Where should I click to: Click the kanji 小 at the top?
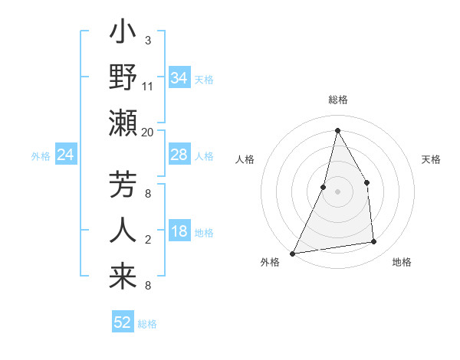point(123,34)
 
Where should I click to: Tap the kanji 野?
point(123,78)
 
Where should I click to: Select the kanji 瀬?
point(123,123)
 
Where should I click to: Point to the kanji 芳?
point(123,186)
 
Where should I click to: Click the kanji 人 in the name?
point(123,230)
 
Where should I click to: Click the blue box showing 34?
point(179,78)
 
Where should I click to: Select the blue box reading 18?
point(179,232)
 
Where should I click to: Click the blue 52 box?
point(123,322)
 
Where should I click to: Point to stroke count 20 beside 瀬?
point(148,133)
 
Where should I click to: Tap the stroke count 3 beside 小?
point(148,40)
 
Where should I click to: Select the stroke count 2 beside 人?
point(148,241)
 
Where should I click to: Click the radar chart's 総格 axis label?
point(337,100)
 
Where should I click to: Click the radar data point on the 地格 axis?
point(374,242)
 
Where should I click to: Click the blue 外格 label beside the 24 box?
point(41,156)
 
